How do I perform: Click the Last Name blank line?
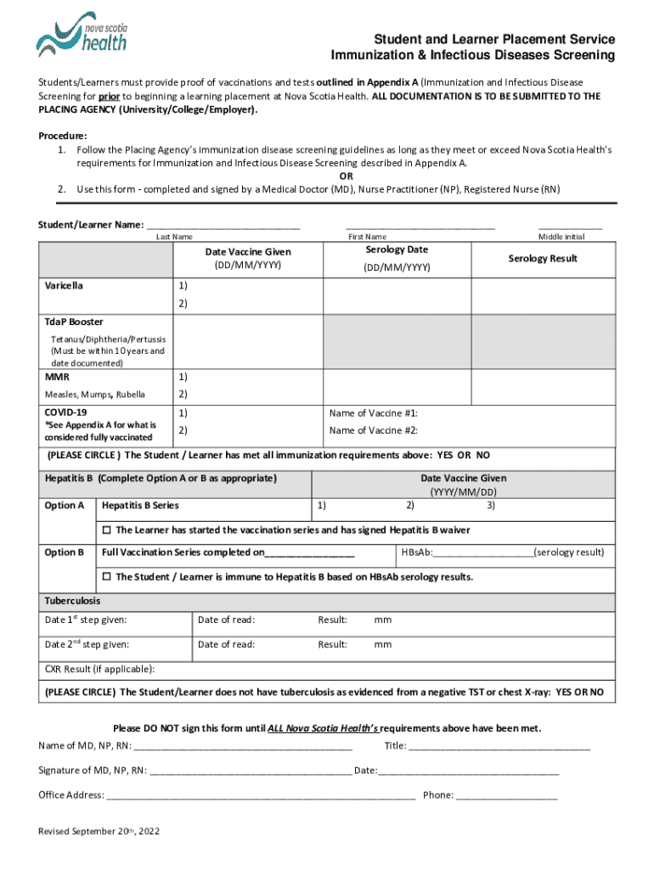[x=223, y=227]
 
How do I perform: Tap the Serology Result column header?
[x=542, y=258]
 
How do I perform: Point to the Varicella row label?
[x=64, y=286]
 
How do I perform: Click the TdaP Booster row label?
[x=74, y=322]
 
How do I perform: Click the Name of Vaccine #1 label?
[x=373, y=413]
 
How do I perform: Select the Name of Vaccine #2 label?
[x=373, y=430]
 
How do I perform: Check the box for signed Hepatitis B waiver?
[x=107, y=530]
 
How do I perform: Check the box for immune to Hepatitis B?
[x=107, y=577]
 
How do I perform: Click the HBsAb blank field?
[x=483, y=553]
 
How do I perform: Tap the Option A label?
[x=64, y=506]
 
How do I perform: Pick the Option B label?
[x=64, y=552]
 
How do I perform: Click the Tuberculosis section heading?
[x=72, y=601]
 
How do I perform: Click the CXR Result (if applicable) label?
[x=99, y=669]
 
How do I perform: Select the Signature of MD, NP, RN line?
[x=251, y=771]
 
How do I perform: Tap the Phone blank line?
[x=507, y=796]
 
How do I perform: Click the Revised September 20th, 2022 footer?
[x=99, y=831]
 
